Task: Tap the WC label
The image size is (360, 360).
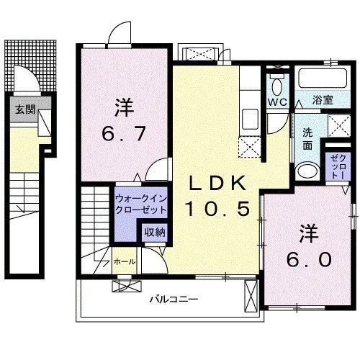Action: pyautogui.click(x=278, y=102)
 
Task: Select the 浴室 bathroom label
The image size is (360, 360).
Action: pyautogui.click(x=322, y=101)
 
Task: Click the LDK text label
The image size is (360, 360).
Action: pyautogui.click(x=217, y=183)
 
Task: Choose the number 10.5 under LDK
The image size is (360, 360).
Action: pyautogui.click(x=217, y=210)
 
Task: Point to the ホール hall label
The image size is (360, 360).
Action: pyautogui.click(x=123, y=262)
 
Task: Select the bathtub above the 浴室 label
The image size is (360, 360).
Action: pyautogui.click(x=321, y=78)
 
